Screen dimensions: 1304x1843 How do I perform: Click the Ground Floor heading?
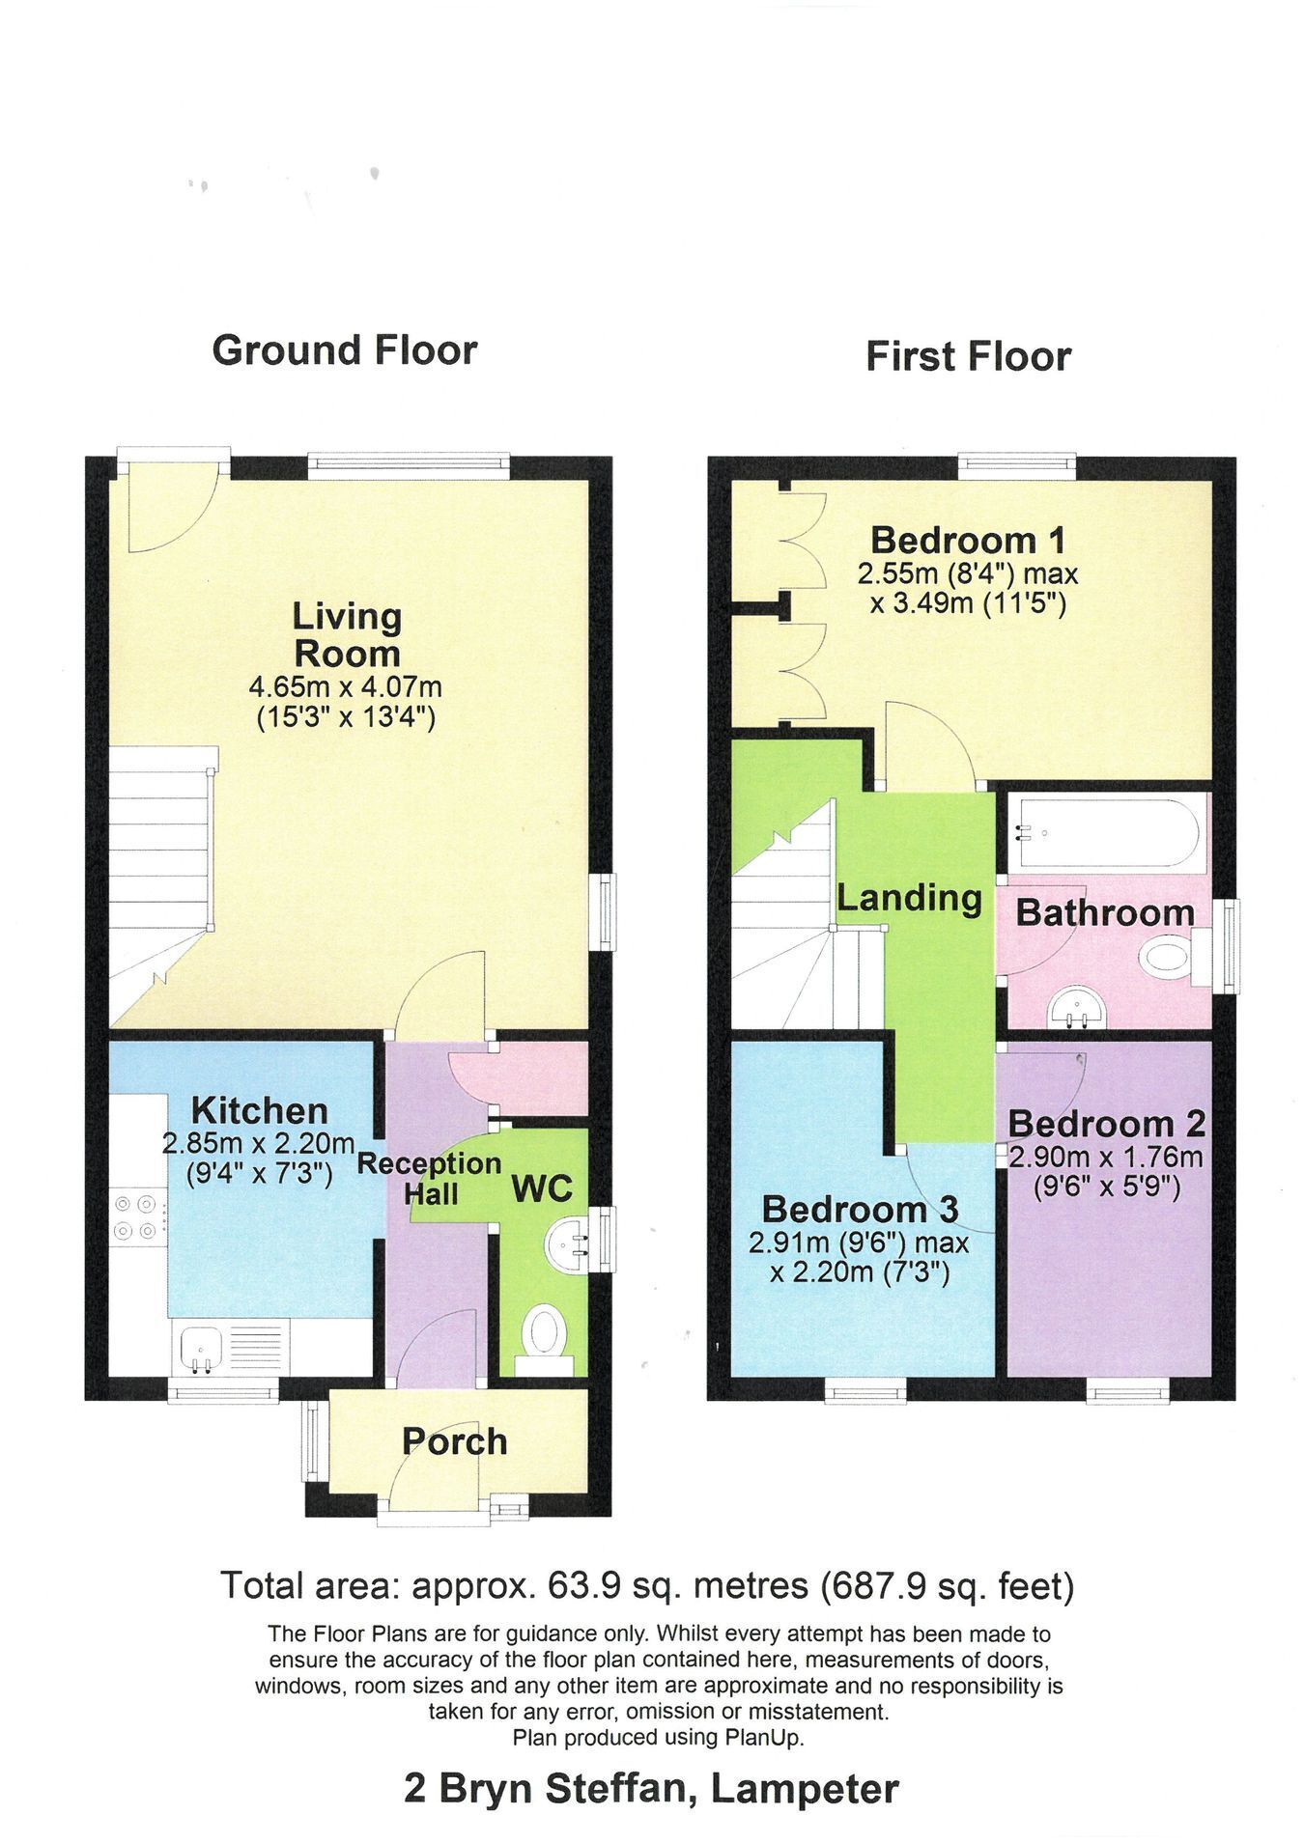pyautogui.click(x=345, y=350)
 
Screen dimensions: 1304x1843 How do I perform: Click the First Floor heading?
pyautogui.click(x=968, y=356)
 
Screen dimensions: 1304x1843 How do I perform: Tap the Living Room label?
pyautogui.click(x=347, y=634)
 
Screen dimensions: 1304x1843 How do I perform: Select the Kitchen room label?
pyautogui.click(x=259, y=1110)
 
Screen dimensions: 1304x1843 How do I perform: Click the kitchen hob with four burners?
pyautogui.click(x=134, y=1217)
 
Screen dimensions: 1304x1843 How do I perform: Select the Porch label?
pyautogui.click(x=454, y=1441)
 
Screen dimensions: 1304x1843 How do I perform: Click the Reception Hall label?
pyautogui.click(x=430, y=1178)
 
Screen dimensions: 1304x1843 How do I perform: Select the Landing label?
pyautogui.click(x=909, y=898)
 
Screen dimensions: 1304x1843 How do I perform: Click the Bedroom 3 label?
pyautogui.click(x=860, y=1208)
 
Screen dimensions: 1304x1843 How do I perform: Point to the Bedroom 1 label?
pyautogui.click(x=968, y=539)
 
